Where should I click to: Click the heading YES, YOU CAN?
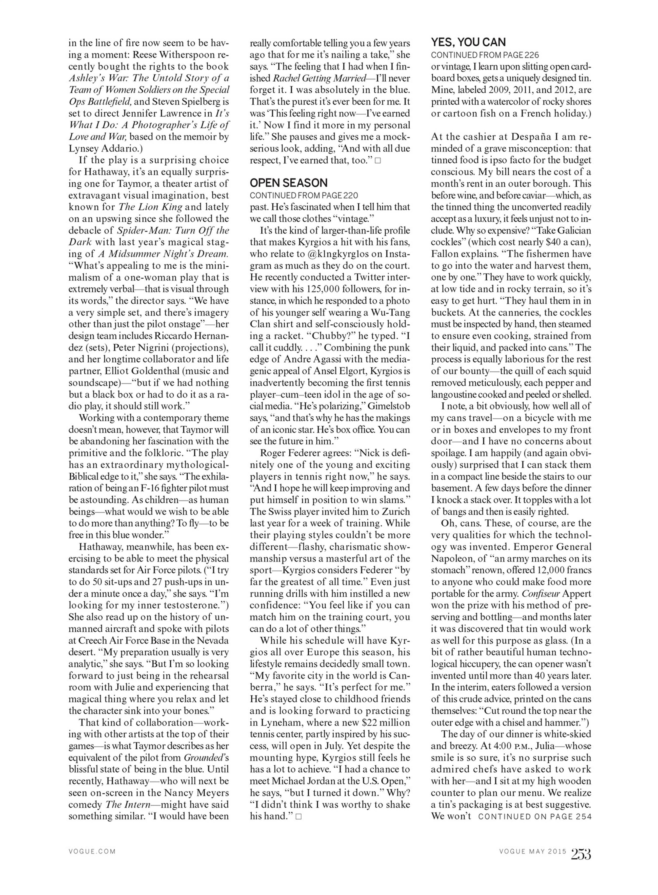click(x=468, y=42)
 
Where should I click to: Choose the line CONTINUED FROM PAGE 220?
click(x=304, y=195)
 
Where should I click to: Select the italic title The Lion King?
click(x=151, y=207)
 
